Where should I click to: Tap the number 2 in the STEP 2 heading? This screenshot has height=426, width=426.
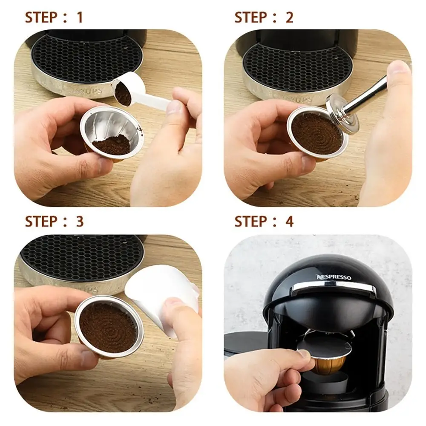point(289,17)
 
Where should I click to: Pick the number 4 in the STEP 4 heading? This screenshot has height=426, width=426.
point(289,222)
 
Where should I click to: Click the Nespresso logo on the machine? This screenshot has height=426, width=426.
point(334,277)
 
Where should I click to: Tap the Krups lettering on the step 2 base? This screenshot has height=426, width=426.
point(300,99)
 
